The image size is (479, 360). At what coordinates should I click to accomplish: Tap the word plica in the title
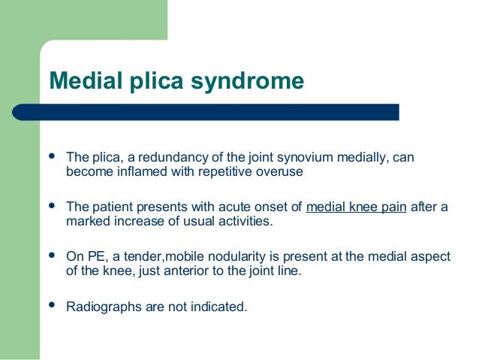[x=155, y=81]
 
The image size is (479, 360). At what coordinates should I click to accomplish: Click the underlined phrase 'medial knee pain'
[x=357, y=207]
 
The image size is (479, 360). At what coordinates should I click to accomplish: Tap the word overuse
[x=281, y=172]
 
